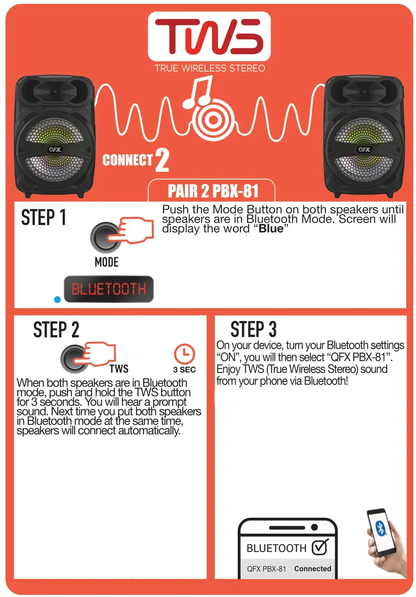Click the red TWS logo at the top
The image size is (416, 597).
pyautogui.click(x=209, y=37)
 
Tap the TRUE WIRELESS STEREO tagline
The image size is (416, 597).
pyautogui.click(x=209, y=68)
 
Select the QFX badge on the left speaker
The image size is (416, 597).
pyautogui.click(x=55, y=150)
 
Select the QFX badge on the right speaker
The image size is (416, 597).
pyautogui.click(x=364, y=150)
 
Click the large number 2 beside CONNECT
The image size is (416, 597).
pyautogui.click(x=162, y=160)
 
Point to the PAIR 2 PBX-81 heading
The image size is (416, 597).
pyautogui.click(x=213, y=191)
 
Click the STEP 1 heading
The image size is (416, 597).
pyautogui.click(x=44, y=217)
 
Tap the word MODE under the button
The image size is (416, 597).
pyautogui.click(x=106, y=262)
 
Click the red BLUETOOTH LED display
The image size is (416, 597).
pyautogui.click(x=109, y=289)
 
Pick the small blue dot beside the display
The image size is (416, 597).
pyautogui.click(x=58, y=300)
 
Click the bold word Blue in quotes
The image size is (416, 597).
pyautogui.click(x=271, y=229)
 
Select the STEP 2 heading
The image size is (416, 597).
pyautogui.click(x=56, y=330)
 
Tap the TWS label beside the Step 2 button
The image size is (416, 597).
pyautogui.click(x=119, y=368)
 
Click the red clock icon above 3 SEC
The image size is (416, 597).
pyautogui.click(x=184, y=353)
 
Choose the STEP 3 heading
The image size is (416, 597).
pyautogui.click(x=253, y=330)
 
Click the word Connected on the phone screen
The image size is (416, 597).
pyautogui.click(x=312, y=569)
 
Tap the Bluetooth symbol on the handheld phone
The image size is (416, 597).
pyautogui.click(x=381, y=528)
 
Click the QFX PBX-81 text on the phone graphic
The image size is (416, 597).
pyautogui.click(x=266, y=569)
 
